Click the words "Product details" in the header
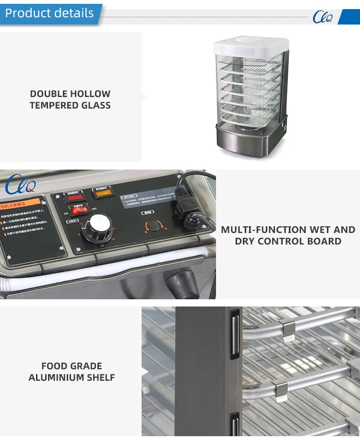[x=49, y=13]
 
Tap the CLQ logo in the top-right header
[x=323, y=17]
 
